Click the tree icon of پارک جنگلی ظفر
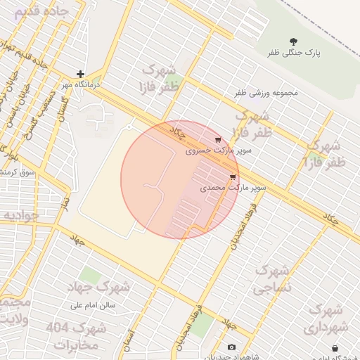(293, 41)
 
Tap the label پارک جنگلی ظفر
(293, 53)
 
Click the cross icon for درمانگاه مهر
(81, 74)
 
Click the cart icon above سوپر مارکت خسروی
(218, 139)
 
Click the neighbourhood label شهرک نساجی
(271, 279)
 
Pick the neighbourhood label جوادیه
(20, 215)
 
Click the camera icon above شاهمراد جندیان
(232, 347)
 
